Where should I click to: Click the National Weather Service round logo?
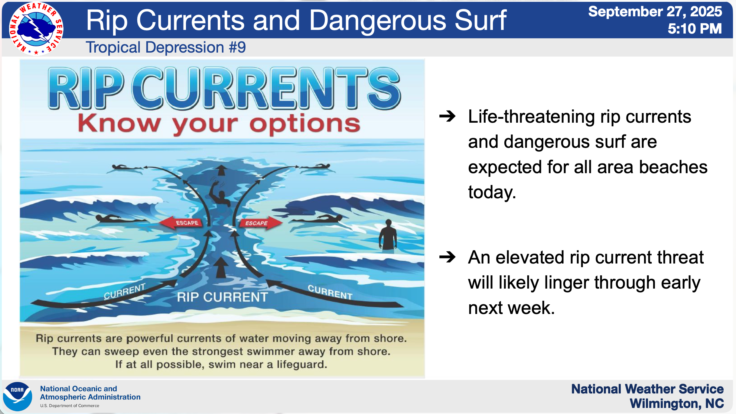coord(36,29)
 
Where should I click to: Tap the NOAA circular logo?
coord(18,396)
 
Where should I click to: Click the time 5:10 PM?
coord(695,29)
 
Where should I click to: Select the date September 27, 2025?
coord(655,11)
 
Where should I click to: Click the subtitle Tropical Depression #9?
coord(166,47)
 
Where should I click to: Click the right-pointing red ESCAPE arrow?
coord(260,223)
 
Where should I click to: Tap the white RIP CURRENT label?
coord(222,297)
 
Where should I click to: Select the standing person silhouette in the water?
coord(388,236)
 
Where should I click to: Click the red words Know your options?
coord(219,124)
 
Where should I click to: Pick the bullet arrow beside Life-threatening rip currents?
coord(448,116)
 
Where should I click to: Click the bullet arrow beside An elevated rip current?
coord(448,257)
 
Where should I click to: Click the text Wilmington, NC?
coord(677,403)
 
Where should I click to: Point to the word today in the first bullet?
coord(492,192)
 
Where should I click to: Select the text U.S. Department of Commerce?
coord(70,406)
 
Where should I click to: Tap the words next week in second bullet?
coord(511,308)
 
